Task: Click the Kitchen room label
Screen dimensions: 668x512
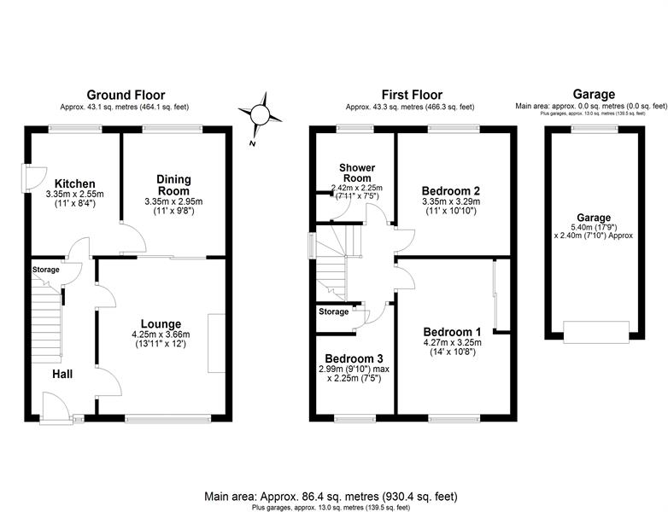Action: click(75, 183)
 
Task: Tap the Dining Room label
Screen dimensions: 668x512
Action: click(173, 185)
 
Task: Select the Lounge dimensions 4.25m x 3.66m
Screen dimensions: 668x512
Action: click(161, 335)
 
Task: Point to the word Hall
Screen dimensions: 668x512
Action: click(62, 374)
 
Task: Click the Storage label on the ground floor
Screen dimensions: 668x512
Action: click(45, 270)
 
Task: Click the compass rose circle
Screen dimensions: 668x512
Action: click(260, 114)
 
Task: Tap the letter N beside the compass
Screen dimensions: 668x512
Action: click(252, 143)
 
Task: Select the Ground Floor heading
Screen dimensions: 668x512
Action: click(126, 95)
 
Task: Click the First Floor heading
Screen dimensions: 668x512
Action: click(412, 95)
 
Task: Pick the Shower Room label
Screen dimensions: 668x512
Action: click(357, 172)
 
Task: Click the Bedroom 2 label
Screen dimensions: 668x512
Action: click(451, 190)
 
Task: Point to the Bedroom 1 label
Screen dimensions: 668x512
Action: click(453, 332)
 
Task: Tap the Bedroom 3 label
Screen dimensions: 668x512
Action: click(354, 358)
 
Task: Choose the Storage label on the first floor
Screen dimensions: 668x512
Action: click(334, 311)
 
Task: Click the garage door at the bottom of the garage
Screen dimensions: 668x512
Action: click(596, 332)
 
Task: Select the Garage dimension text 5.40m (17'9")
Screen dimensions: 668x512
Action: click(594, 227)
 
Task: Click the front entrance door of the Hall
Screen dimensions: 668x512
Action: click(56, 409)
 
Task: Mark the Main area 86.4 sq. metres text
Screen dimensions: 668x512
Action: click(331, 497)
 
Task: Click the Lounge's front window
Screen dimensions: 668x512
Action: click(167, 419)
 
